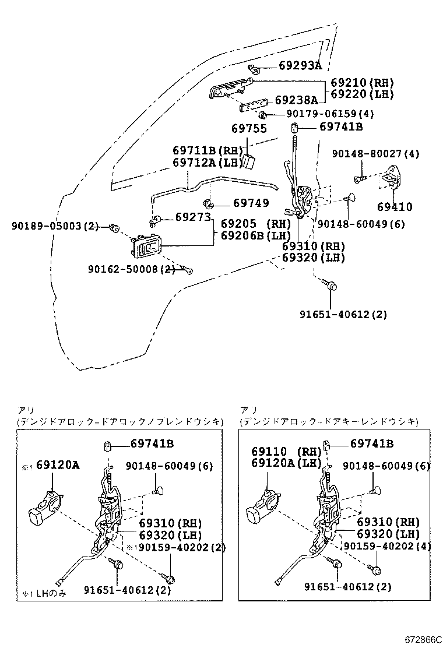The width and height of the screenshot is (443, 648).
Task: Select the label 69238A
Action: coord(296,100)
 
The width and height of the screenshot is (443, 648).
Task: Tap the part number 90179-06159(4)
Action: coord(329,114)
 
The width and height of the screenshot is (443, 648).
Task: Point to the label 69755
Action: coord(249,129)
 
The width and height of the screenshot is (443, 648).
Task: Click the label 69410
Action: coord(394,206)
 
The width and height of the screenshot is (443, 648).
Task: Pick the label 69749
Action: coord(251,203)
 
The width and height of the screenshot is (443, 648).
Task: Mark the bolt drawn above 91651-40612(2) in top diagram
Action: coord(331,286)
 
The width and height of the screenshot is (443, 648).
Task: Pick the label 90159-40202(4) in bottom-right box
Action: coord(386,546)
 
